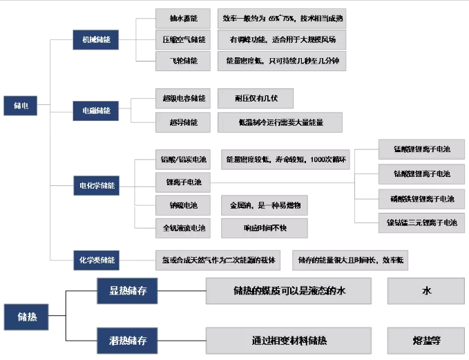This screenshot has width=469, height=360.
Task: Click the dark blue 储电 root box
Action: click(x=21, y=106)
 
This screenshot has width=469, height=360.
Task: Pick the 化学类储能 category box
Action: click(x=96, y=260)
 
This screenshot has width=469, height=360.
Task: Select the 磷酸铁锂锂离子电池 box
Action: click(x=421, y=199)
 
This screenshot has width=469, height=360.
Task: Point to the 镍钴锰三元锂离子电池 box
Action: click(x=421, y=222)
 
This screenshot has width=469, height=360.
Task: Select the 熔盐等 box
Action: click(x=426, y=341)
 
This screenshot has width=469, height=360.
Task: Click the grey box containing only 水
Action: click(x=426, y=291)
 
